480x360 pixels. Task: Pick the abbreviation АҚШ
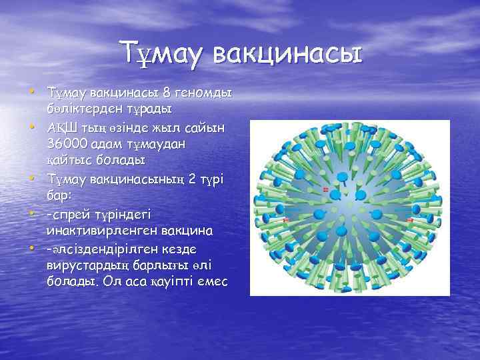pos(61,127)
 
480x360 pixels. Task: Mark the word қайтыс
pos(71,161)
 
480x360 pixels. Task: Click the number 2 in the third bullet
pos(169,178)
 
